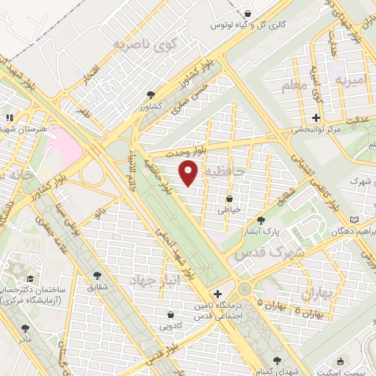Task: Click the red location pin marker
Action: click(189, 173)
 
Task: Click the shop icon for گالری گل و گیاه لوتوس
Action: click(247, 13)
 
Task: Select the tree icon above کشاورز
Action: click(151, 95)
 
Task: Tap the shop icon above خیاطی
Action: click(230, 198)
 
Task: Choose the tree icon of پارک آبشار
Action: click(260, 220)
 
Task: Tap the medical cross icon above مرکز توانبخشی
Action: click(316, 117)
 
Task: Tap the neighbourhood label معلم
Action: click(293, 87)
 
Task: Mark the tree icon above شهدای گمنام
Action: click(276, 360)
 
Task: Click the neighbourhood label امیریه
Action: click(350, 76)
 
